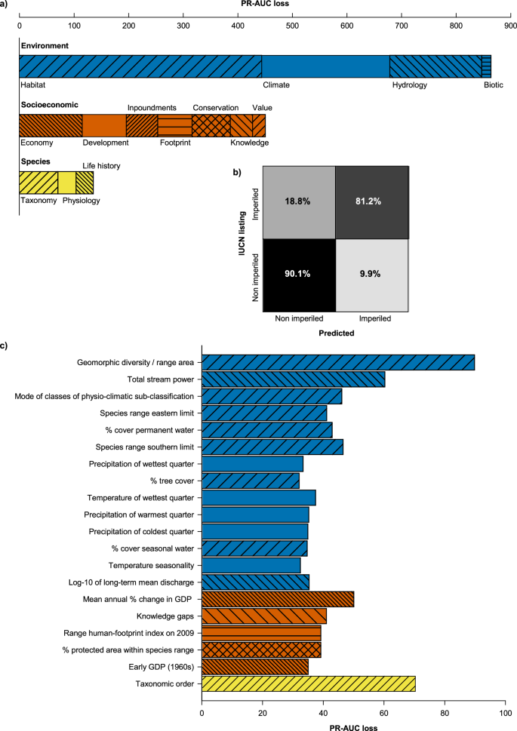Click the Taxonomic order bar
pyautogui.click(x=308, y=683)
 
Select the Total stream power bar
pyautogui.click(x=293, y=379)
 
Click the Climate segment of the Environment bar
pyautogui.click(x=325, y=66)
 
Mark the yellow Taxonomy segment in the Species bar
pyautogui.click(x=38, y=183)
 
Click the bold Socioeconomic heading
pyautogui.click(x=50, y=104)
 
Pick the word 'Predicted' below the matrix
pyautogui.click(x=334, y=330)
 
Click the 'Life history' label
pyautogui.click(x=101, y=165)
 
